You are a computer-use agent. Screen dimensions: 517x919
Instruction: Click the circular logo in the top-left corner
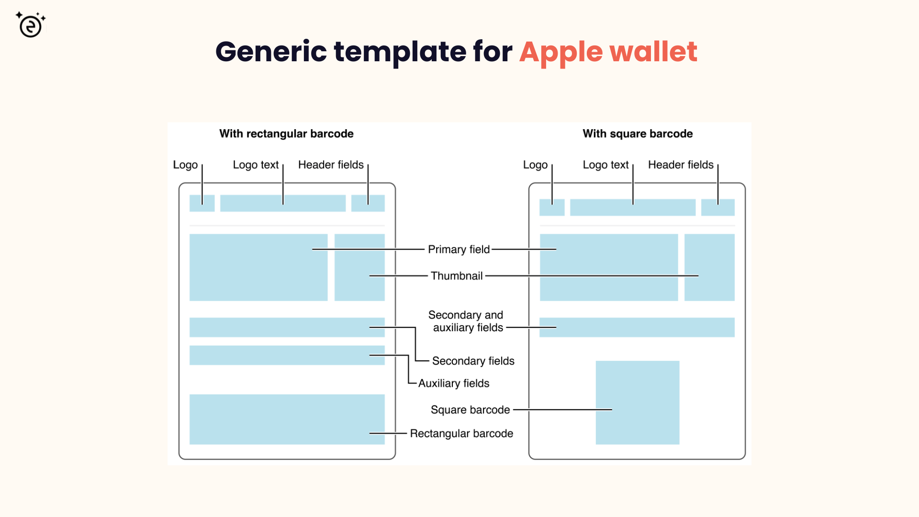click(x=31, y=25)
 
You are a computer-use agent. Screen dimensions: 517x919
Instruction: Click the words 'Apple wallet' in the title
click(x=608, y=52)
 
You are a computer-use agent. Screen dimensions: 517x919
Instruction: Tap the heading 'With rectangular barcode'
click(x=286, y=134)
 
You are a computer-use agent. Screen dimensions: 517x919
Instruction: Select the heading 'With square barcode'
click(x=638, y=134)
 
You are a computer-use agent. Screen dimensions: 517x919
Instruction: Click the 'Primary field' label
click(x=459, y=249)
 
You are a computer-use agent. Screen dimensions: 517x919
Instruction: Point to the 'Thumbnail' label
click(x=457, y=276)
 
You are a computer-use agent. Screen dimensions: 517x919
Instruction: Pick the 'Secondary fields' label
click(x=473, y=361)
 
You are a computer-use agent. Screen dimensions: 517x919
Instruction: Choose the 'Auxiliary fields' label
click(x=454, y=383)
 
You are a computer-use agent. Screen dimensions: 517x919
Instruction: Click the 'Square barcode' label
click(x=470, y=410)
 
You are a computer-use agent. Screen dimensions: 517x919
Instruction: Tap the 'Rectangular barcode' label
click(x=461, y=433)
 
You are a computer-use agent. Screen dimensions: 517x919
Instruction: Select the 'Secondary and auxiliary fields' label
click(x=466, y=321)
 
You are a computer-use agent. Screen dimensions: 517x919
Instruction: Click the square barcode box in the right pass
click(x=637, y=403)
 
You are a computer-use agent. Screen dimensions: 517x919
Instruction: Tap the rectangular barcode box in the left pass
click(x=287, y=419)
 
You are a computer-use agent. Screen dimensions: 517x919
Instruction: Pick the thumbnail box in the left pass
click(x=359, y=267)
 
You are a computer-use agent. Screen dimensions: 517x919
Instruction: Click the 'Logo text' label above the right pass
click(x=605, y=165)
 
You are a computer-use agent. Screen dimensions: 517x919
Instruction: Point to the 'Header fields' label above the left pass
click(x=331, y=165)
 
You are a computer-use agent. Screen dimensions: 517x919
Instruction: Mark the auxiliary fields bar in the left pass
click(x=287, y=355)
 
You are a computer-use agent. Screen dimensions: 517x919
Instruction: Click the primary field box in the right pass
click(x=609, y=267)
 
